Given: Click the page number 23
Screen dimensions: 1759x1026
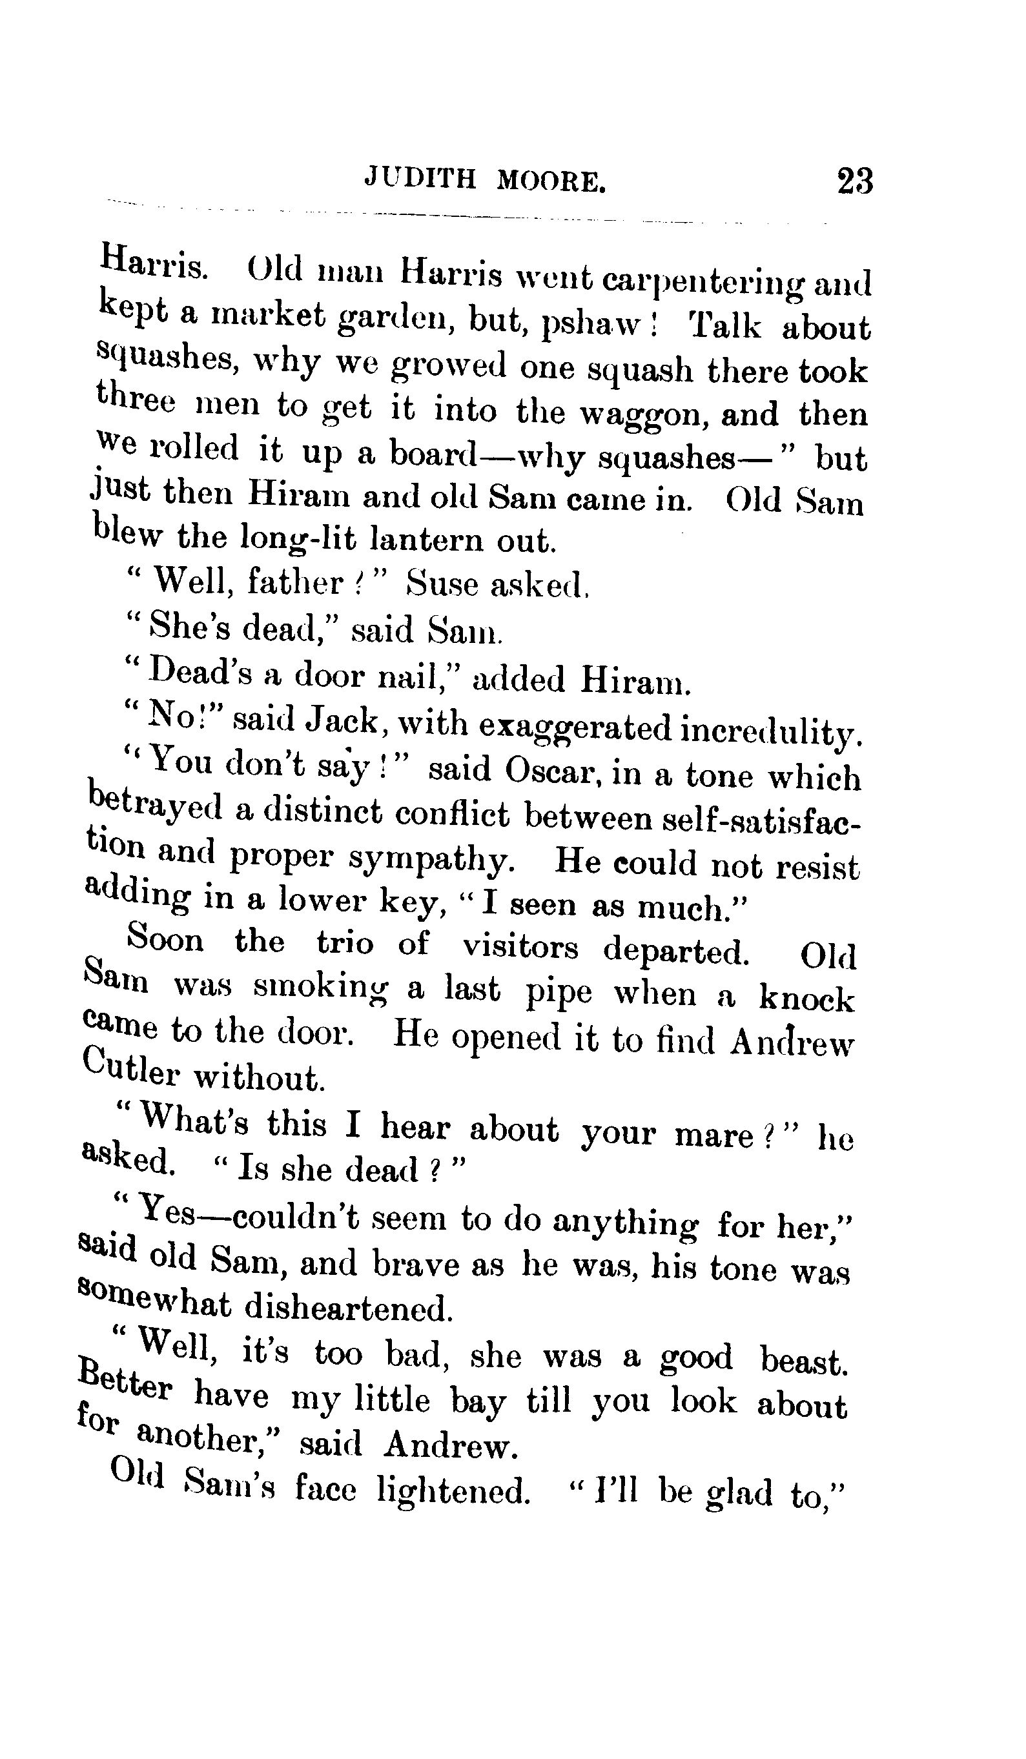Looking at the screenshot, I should (854, 181).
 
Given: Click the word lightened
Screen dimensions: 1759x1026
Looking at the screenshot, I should (452, 1491).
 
